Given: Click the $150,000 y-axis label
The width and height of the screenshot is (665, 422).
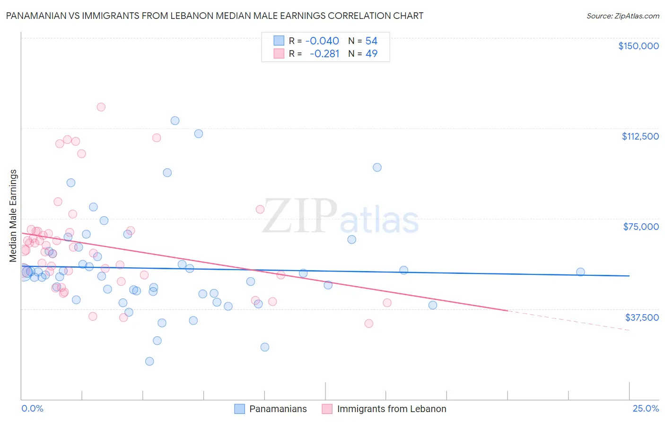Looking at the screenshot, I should coord(638,46).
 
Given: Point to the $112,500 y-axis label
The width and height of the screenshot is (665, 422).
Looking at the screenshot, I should coord(640,136).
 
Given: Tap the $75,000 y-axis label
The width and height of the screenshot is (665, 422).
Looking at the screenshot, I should coord(641,227).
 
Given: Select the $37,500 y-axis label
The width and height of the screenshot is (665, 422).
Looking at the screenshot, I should coord(642,317).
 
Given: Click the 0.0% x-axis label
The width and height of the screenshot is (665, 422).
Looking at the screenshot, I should coord(33,409).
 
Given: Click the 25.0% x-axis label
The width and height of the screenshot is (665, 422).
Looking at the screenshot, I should coord(646,409).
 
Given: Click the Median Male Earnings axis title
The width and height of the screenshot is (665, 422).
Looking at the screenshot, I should coord(13,216).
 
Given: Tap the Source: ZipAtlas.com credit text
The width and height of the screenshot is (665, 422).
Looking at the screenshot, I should coord(622,16).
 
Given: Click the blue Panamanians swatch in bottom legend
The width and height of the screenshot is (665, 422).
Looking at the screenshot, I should coord(240,409).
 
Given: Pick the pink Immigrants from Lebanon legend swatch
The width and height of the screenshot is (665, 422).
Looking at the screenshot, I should coord(327,409).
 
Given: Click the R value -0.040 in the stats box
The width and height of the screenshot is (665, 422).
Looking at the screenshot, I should coord(322,41).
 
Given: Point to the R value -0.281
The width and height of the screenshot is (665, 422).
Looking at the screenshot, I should coord(324,54).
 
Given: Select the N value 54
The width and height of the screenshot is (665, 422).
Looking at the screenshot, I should coord(371,41).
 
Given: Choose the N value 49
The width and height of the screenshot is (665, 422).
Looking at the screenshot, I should coord(371,54).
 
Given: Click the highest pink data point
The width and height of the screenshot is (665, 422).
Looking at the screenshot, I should coord(101,107).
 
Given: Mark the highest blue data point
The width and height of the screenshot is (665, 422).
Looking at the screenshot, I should coord(175,121).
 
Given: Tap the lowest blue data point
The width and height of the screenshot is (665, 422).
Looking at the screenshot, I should coord(149,361).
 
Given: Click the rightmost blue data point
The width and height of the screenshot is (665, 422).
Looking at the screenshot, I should coord(580,272).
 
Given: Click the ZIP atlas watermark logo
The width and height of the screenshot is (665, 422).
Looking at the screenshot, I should coord(341,216).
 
